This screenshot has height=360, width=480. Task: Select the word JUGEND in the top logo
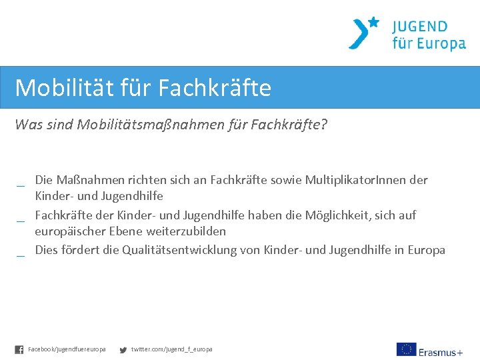[x=420, y=27]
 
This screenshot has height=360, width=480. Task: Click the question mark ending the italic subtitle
[x=324, y=125]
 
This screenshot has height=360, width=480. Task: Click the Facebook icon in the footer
[x=19, y=349]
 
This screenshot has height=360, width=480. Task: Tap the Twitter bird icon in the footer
[x=123, y=349]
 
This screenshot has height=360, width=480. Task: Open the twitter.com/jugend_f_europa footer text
[x=171, y=349]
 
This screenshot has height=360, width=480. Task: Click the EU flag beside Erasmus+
[x=406, y=349]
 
